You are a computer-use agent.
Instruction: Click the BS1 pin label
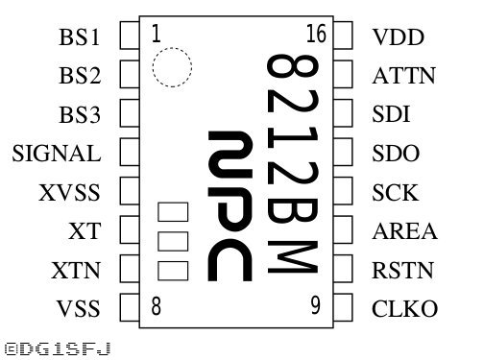80,37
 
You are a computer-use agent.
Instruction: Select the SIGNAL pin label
57,154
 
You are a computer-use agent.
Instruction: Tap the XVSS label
69,192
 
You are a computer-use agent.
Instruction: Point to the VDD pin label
399,37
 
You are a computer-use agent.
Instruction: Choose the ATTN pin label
404,76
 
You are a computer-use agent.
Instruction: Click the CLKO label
404,308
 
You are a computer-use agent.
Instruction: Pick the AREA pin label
405,231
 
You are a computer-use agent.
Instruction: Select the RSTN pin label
402,270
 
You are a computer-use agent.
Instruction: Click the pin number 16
316,34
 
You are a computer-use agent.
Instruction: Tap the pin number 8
156,306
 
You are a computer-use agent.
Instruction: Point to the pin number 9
315,305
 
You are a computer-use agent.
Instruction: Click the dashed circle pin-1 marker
172,48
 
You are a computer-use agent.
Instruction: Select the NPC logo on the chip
230,206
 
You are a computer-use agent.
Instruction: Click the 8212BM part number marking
293,164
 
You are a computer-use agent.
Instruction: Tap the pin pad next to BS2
130,74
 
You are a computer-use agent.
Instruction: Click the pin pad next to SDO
343,152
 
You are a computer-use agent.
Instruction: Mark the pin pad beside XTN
130,268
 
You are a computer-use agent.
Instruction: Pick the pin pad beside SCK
343,190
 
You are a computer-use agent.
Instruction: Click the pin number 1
157,34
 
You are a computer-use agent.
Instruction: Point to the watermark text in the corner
58,348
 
